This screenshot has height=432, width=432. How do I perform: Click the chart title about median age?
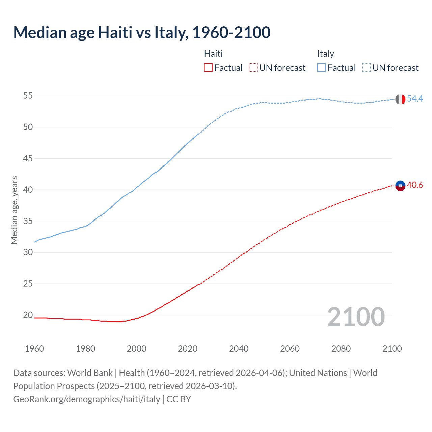click(142, 32)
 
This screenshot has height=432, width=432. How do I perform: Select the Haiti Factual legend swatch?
click(208, 67)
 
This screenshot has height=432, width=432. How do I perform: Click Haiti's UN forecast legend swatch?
click(253, 67)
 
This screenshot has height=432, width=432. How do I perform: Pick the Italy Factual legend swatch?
click(321, 67)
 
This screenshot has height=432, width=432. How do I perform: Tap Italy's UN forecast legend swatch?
click(366, 67)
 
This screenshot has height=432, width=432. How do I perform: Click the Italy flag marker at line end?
click(400, 99)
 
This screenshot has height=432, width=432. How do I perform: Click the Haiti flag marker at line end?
click(400, 186)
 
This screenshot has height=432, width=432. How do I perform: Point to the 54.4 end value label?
click(415, 99)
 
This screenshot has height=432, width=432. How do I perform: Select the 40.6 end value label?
click(415, 185)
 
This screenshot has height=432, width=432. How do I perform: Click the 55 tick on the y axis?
click(28, 96)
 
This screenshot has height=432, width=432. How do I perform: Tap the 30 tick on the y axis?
click(28, 252)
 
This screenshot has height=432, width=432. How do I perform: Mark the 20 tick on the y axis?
click(28, 315)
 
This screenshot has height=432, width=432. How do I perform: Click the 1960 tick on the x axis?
click(34, 349)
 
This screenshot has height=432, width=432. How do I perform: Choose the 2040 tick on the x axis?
click(239, 349)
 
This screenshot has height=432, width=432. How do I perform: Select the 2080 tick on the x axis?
click(341, 349)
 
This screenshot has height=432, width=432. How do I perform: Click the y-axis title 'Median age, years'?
click(14, 210)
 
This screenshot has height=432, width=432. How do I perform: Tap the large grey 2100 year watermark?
click(356, 317)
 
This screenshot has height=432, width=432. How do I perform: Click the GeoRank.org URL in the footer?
click(87, 399)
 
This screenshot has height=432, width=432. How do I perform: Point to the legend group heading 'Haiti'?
click(213, 54)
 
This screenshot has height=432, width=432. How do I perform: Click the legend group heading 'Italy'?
click(325, 54)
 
